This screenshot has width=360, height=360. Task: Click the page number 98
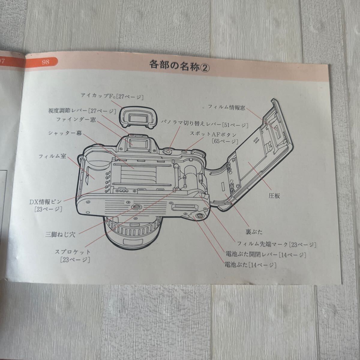46,62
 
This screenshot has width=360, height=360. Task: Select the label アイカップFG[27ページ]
112,96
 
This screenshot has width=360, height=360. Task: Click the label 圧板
274,196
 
